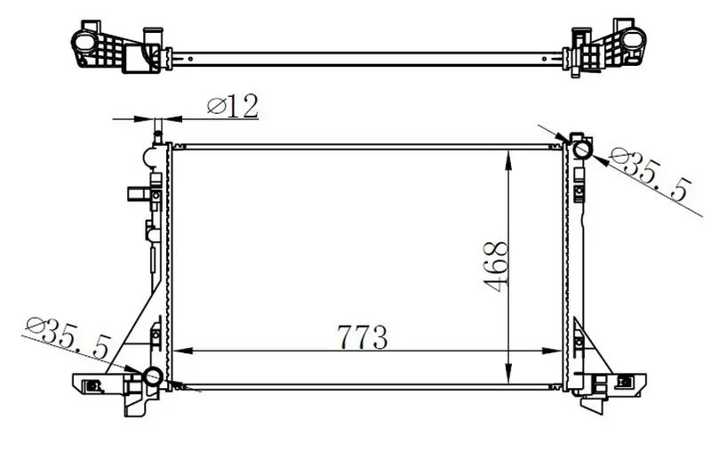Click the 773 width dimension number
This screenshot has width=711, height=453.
pyautogui.click(x=363, y=337)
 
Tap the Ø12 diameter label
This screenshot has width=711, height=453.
pyautogui.click(x=233, y=106)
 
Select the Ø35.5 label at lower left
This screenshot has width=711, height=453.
pyautogui.click(x=68, y=337)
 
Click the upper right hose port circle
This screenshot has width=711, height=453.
pyautogui.click(x=581, y=150)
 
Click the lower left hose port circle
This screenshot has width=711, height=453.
pyautogui.click(x=153, y=376)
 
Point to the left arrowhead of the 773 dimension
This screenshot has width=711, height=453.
pyautogui.click(x=183, y=351)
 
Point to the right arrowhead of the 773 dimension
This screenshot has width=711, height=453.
pyautogui.click(x=553, y=351)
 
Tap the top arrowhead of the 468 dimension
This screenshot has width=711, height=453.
pyautogui.click(x=509, y=160)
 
